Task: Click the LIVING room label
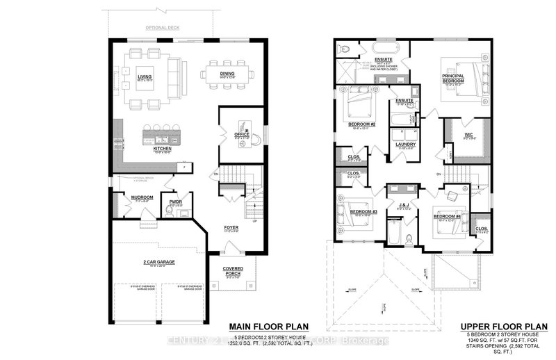[x=145, y=77]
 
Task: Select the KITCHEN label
[x=162, y=148]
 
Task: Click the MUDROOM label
[x=142, y=197]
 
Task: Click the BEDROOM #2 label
[x=362, y=125]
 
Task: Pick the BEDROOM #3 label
[x=363, y=211]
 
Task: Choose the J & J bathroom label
[x=403, y=204]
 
